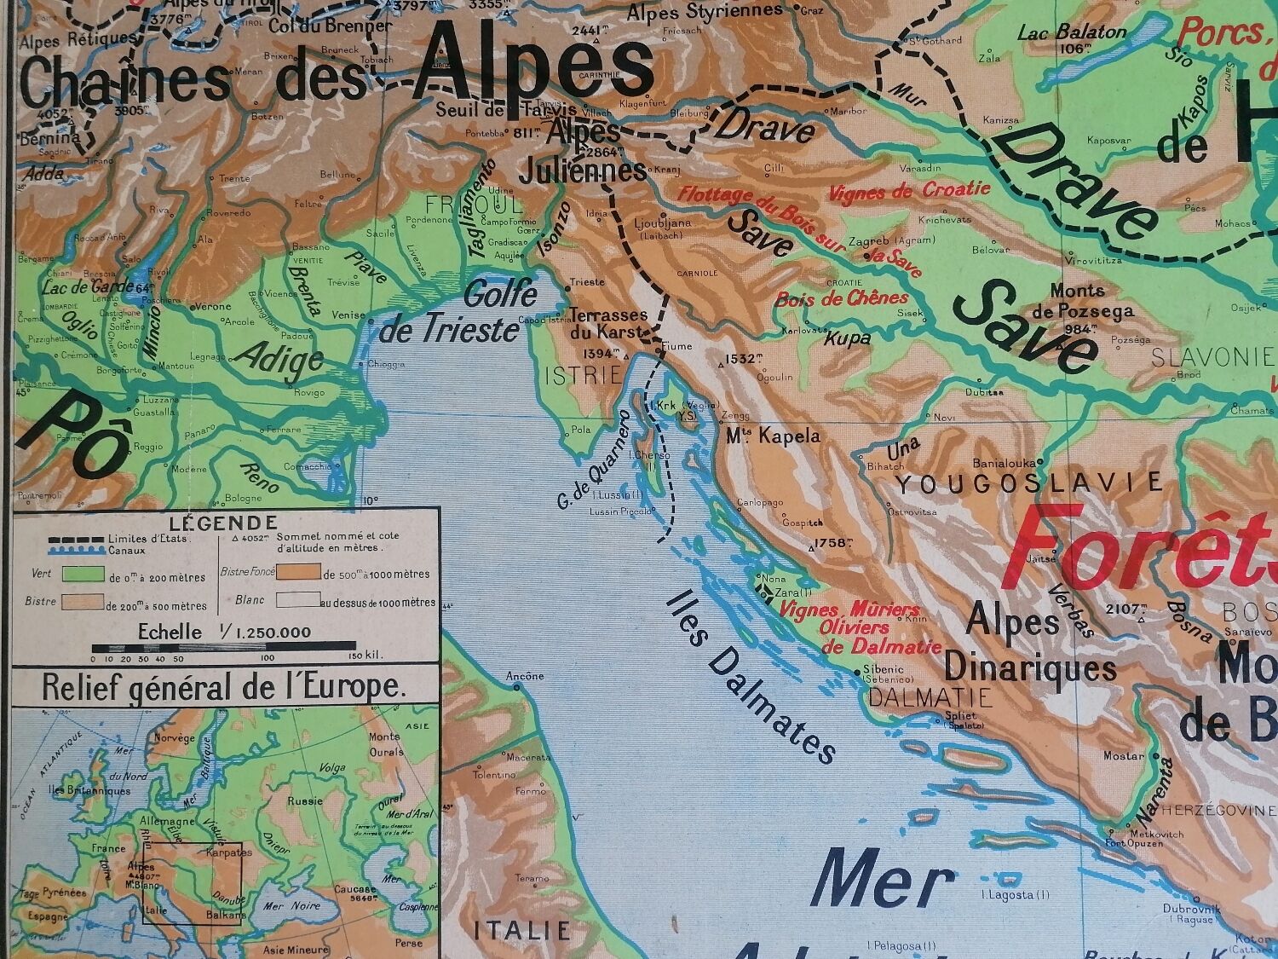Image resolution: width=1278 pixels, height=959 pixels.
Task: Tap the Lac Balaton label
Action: [1072, 32]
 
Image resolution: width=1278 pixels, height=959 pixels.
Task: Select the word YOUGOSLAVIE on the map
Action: [1028, 483]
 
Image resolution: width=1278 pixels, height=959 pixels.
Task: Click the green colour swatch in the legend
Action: [81, 575]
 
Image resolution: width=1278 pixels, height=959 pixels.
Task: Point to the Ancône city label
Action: [525, 676]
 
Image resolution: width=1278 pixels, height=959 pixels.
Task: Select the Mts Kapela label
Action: [774, 436]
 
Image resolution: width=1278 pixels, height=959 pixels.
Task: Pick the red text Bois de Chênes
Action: [842, 299]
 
